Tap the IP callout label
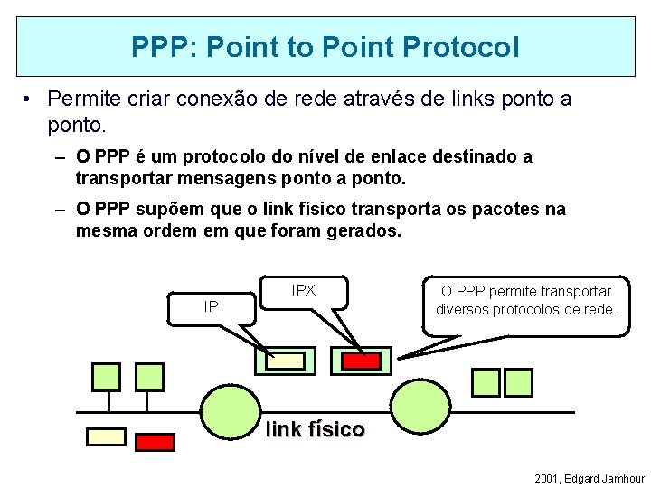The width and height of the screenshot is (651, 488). [x=211, y=307]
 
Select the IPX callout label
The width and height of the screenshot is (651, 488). [x=304, y=290]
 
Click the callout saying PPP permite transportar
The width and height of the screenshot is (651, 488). [x=525, y=300]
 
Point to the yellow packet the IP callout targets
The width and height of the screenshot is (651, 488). [x=287, y=361]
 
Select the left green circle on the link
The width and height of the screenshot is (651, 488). [x=230, y=411]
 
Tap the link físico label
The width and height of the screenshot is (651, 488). [x=315, y=429]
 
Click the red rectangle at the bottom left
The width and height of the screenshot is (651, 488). [x=155, y=442]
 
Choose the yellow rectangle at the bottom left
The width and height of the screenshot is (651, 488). [x=106, y=436]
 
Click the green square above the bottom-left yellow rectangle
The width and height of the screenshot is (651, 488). [x=106, y=377]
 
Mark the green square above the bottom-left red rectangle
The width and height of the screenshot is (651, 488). [x=149, y=377]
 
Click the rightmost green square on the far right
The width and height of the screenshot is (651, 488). [x=518, y=382]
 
